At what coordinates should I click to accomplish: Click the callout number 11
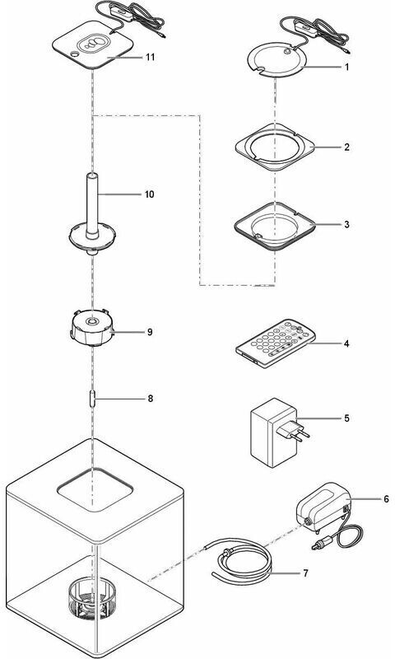150,57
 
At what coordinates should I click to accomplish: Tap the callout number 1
346,68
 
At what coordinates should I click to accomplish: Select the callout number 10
149,194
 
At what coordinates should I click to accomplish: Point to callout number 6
386,499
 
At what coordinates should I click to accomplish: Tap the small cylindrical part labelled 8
92,399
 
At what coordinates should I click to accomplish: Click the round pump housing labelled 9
92,329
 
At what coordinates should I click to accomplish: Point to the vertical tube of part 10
93,204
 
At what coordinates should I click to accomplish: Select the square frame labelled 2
275,147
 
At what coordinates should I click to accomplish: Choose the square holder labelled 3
275,226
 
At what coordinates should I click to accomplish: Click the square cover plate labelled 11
92,45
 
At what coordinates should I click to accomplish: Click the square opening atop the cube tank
95,489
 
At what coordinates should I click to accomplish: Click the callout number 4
346,344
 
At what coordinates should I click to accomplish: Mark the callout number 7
305,573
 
